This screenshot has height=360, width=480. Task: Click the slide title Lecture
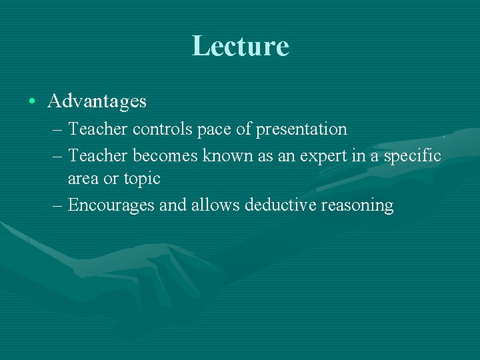pyautogui.click(x=240, y=46)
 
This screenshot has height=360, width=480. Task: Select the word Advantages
pyautogui.click(x=97, y=101)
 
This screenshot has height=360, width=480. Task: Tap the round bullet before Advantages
pyautogui.click(x=32, y=101)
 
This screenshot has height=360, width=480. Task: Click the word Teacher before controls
pyautogui.click(x=99, y=129)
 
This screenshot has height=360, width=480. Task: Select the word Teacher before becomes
pyautogui.click(x=99, y=155)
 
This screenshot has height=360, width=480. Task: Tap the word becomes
pyautogui.click(x=165, y=155)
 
